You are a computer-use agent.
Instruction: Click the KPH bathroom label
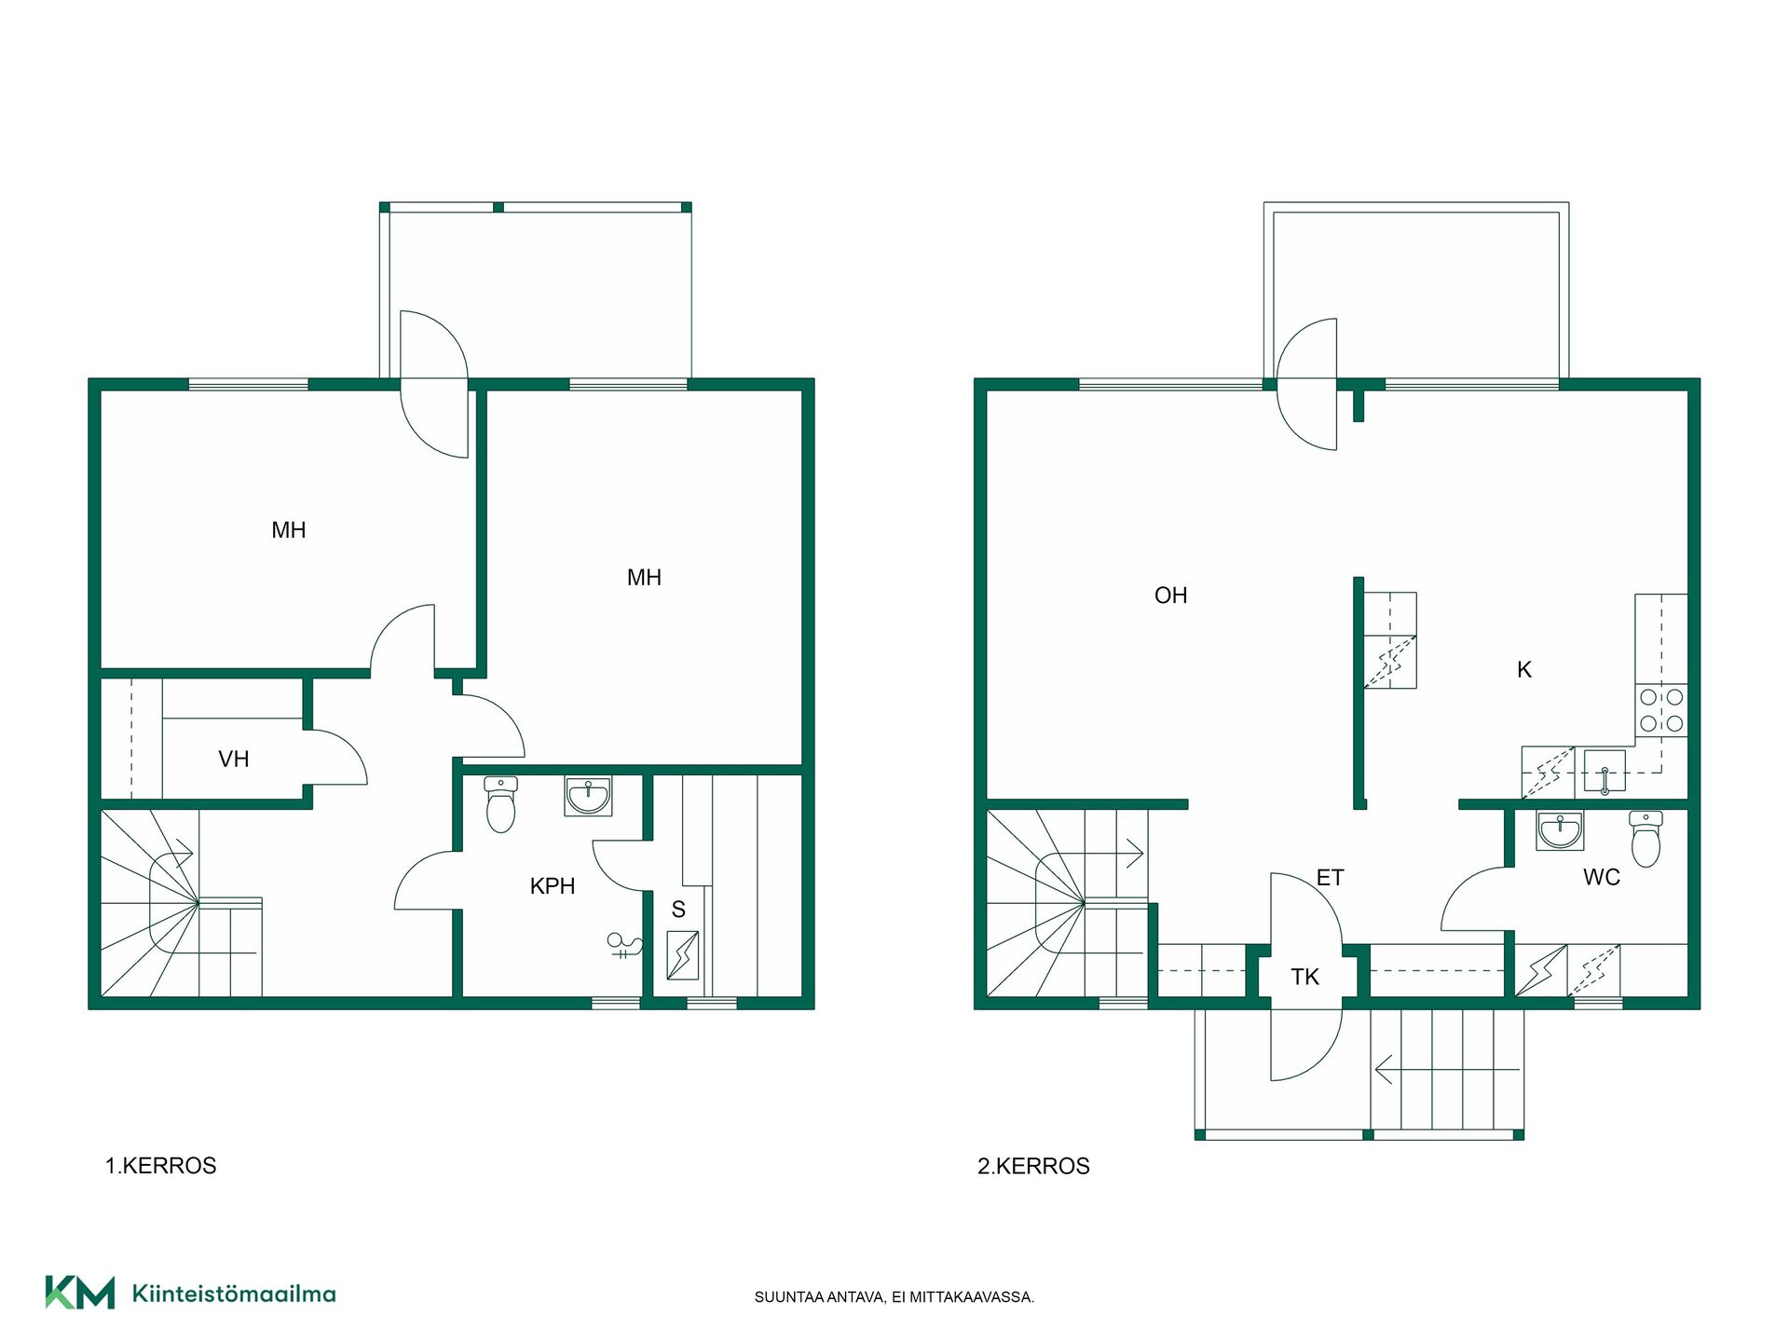tap(552, 886)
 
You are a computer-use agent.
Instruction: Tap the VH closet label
tap(233, 760)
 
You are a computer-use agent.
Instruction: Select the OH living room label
tap(1170, 596)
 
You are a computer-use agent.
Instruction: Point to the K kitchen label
tap(1524, 669)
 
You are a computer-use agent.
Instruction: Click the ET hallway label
tap(1330, 878)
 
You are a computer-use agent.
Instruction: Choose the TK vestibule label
tap(1304, 977)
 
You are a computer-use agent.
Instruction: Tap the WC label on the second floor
tap(1601, 877)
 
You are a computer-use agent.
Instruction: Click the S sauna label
tap(678, 910)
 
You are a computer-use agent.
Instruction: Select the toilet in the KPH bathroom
tap(500, 804)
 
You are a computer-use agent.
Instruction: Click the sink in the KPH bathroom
tap(588, 796)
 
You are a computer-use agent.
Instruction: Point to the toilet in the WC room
tap(1646, 839)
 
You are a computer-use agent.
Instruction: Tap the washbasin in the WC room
tap(1560, 830)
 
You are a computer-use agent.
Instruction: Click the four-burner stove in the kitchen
tap(1661, 710)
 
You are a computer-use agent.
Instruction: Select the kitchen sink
tap(1605, 772)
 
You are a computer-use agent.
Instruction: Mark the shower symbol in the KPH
tap(624, 945)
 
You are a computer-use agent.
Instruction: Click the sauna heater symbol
tap(683, 955)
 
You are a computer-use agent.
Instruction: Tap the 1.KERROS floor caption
tap(160, 1166)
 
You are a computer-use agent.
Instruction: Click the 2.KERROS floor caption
tap(1033, 1166)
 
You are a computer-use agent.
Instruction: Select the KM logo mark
tap(80, 1293)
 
